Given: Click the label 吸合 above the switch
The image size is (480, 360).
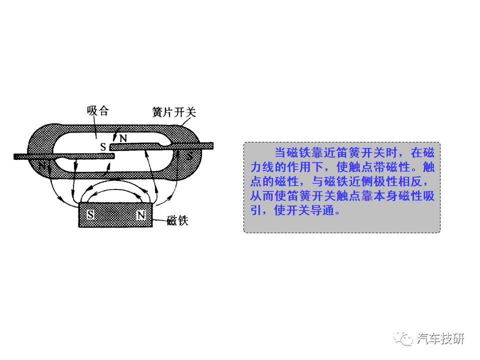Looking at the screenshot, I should [x=97, y=110].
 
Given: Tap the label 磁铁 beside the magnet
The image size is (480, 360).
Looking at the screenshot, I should [x=177, y=220].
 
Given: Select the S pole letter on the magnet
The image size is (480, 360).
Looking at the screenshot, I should [x=90, y=215].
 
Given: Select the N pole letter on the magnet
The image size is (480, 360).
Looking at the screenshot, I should [x=141, y=215].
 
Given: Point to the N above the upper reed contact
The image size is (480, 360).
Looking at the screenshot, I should [x=123, y=137].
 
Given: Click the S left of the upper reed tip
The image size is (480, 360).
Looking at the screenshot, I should [x=103, y=147].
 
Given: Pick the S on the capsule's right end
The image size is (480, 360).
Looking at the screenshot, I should [x=189, y=156].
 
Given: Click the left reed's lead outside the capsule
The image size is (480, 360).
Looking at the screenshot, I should [x=22, y=156].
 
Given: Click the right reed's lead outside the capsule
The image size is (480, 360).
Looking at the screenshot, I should [x=205, y=145].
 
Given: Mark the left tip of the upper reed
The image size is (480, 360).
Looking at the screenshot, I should [x=113, y=146].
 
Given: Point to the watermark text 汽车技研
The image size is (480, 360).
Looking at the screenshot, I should [x=440, y=338].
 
